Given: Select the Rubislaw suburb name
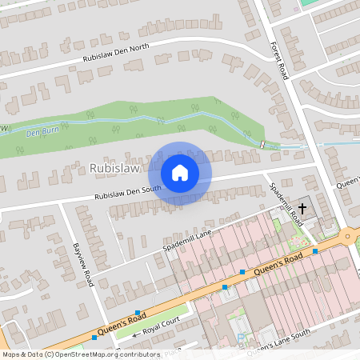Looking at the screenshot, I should (x=114, y=169).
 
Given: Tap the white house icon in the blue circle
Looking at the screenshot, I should (x=180, y=172).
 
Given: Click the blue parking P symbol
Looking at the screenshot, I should (x=242, y=338).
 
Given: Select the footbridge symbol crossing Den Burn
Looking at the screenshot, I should (x=262, y=144).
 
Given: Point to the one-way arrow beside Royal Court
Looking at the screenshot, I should (x=136, y=330).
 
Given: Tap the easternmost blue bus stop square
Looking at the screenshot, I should (x=315, y=251).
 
